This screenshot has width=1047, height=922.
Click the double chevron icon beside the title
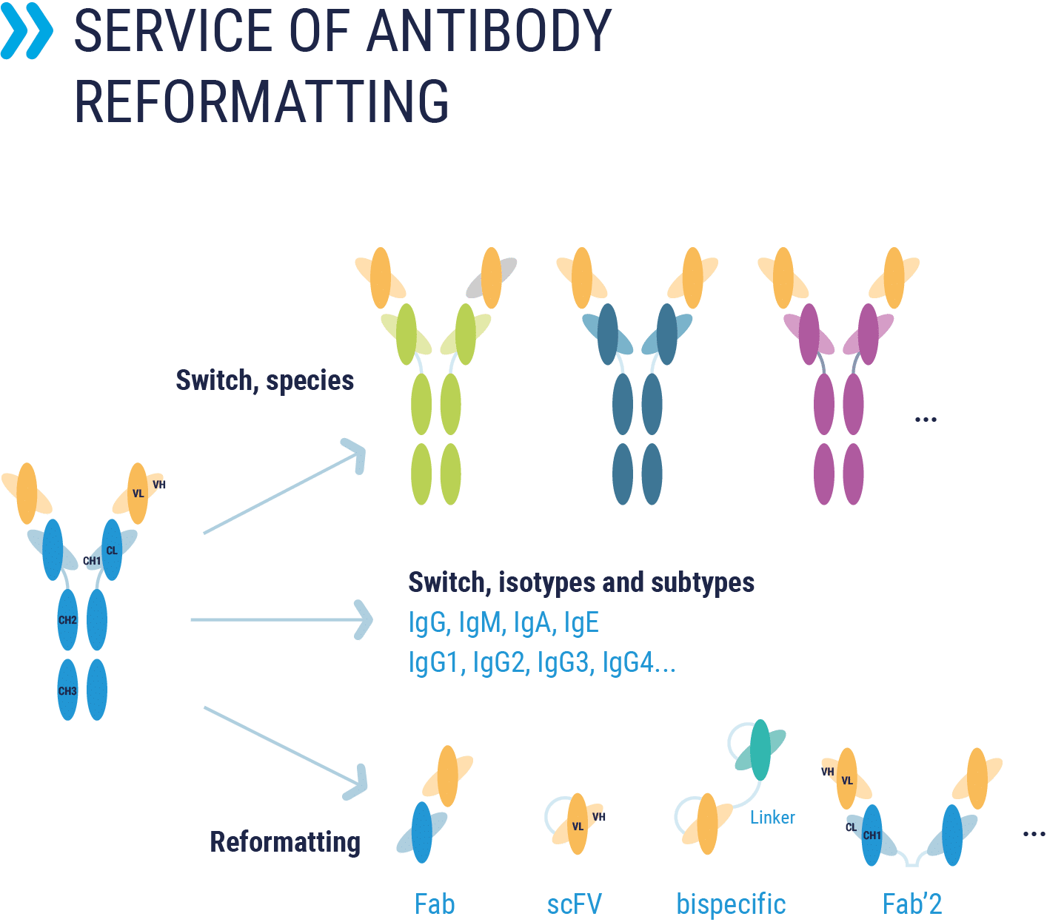click(x=27, y=30)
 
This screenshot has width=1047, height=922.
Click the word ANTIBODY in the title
click(x=489, y=31)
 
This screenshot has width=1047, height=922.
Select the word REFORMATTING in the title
click(x=261, y=101)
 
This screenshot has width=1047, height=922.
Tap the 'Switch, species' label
click(x=264, y=381)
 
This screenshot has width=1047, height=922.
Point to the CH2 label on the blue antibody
click(x=67, y=620)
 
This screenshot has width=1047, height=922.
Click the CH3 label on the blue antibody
click(x=67, y=690)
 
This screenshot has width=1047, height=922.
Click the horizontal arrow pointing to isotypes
click(x=281, y=619)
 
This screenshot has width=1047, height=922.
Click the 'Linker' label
click(x=772, y=818)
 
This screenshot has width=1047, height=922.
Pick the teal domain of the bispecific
click(x=760, y=750)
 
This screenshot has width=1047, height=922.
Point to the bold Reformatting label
click(x=285, y=843)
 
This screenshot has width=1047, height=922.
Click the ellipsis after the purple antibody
click(x=926, y=420)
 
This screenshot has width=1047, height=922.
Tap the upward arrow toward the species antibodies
click(x=284, y=486)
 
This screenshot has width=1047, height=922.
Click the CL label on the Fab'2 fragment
click(x=851, y=827)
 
